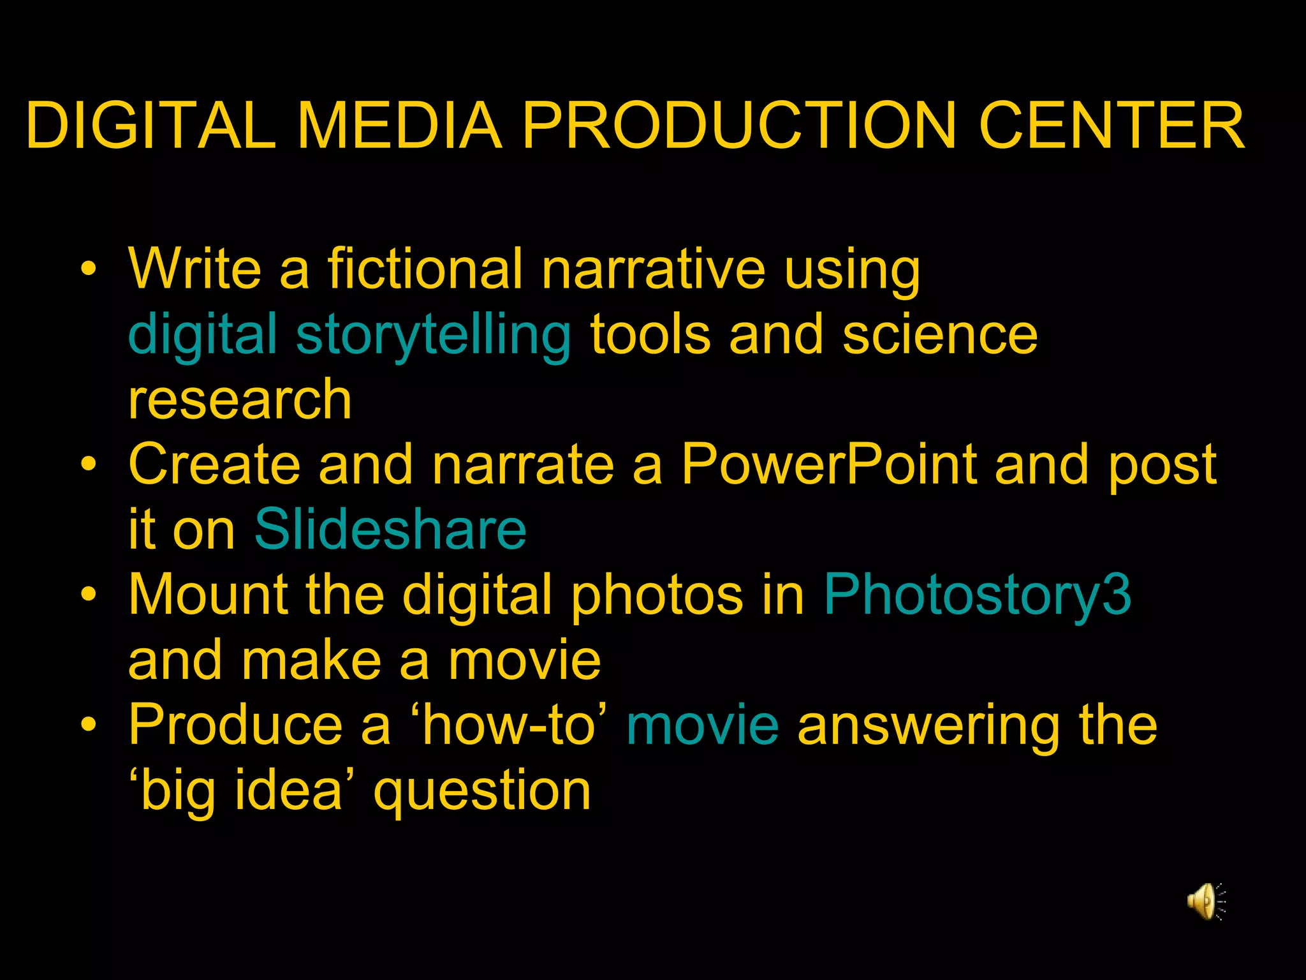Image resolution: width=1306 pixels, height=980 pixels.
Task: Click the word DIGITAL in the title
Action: [150, 126]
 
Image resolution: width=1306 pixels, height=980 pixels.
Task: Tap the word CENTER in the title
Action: [1112, 126]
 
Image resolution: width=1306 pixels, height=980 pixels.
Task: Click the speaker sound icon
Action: [1205, 901]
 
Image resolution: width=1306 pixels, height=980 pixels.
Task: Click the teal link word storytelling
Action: [433, 336]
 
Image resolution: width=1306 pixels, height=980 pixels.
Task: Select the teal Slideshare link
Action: [390, 529]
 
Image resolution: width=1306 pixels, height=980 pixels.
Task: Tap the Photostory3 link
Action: [977, 594]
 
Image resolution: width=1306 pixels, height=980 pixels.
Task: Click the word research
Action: [240, 400]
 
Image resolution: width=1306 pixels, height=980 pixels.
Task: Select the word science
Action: [940, 334]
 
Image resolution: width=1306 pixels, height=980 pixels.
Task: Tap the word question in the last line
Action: [482, 791]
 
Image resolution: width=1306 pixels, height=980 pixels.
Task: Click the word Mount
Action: [208, 594]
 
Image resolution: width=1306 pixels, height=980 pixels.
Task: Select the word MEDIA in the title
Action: [399, 126]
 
